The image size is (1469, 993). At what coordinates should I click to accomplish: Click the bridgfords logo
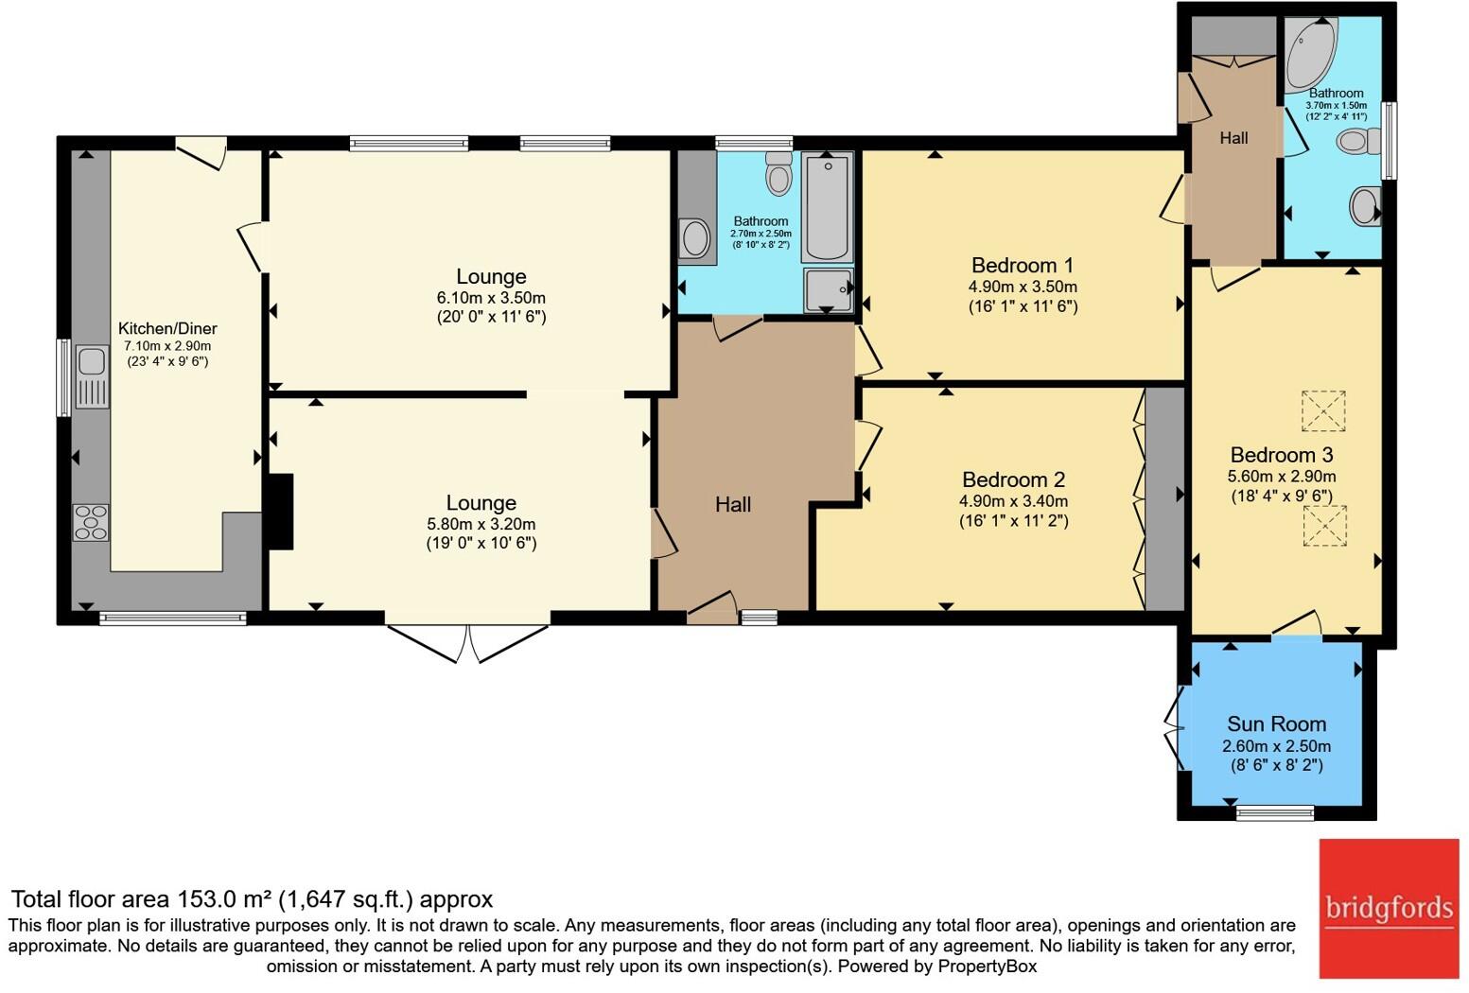[x=1389, y=909]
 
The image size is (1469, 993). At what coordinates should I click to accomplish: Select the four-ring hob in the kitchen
[x=91, y=522]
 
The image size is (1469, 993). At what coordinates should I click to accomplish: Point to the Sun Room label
[x=1276, y=724]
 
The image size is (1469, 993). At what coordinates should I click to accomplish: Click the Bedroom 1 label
[x=1023, y=265]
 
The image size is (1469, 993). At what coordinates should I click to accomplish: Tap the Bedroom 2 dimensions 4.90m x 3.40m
[x=1013, y=501]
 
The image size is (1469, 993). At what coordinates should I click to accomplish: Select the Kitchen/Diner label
[x=167, y=328]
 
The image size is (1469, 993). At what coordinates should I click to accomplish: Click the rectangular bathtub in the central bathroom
[x=827, y=206]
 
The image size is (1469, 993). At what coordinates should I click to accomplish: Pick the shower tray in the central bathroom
[x=829, y=289]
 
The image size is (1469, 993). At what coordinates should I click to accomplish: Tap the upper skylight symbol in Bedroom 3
[x=1323, y=410]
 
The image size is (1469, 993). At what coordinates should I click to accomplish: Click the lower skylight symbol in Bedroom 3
[x=1324, y=526]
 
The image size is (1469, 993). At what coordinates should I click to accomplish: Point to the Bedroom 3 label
[x=1282, y=455]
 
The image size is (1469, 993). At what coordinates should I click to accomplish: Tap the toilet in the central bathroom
[x=779, y=173]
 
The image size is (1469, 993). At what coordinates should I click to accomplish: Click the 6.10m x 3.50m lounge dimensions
[x=491, y=298]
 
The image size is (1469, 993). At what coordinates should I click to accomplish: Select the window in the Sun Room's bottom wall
[x=1275, y=813]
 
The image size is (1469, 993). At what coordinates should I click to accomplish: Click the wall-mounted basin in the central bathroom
[x=696, y=238]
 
